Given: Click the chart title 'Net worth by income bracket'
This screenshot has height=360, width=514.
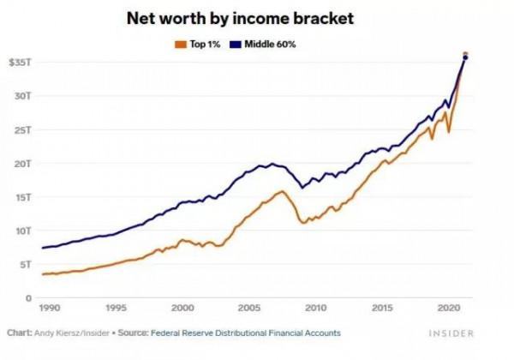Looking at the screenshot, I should pos(256,17).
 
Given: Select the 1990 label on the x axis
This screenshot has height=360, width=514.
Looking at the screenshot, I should pos(49,307).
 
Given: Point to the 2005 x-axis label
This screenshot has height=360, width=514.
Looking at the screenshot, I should pos(248,307).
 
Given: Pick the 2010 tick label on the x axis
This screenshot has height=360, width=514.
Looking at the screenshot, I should pos(315,307).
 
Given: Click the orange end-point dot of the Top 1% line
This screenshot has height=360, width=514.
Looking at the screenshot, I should pos(466,54).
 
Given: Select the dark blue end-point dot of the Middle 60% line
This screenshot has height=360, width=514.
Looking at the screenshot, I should pos(465,58).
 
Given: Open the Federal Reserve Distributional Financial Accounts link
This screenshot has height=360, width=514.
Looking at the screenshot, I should pos(245,333).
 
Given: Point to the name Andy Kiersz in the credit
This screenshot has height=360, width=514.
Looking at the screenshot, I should pos(63,333).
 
